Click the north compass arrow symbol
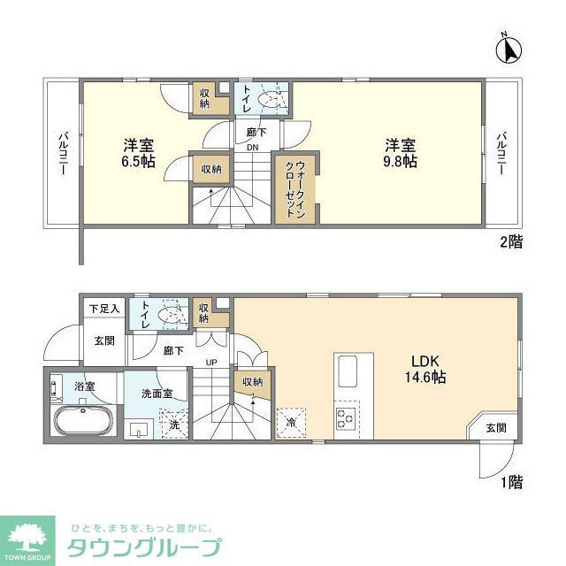coord(510,50)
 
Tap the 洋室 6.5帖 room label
coord(139,153)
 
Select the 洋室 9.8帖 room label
coord(400,153)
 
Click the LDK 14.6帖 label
coord(425,368)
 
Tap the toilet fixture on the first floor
coord(167,314)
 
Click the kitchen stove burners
coord(345,418)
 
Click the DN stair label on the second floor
coord(252,148)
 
